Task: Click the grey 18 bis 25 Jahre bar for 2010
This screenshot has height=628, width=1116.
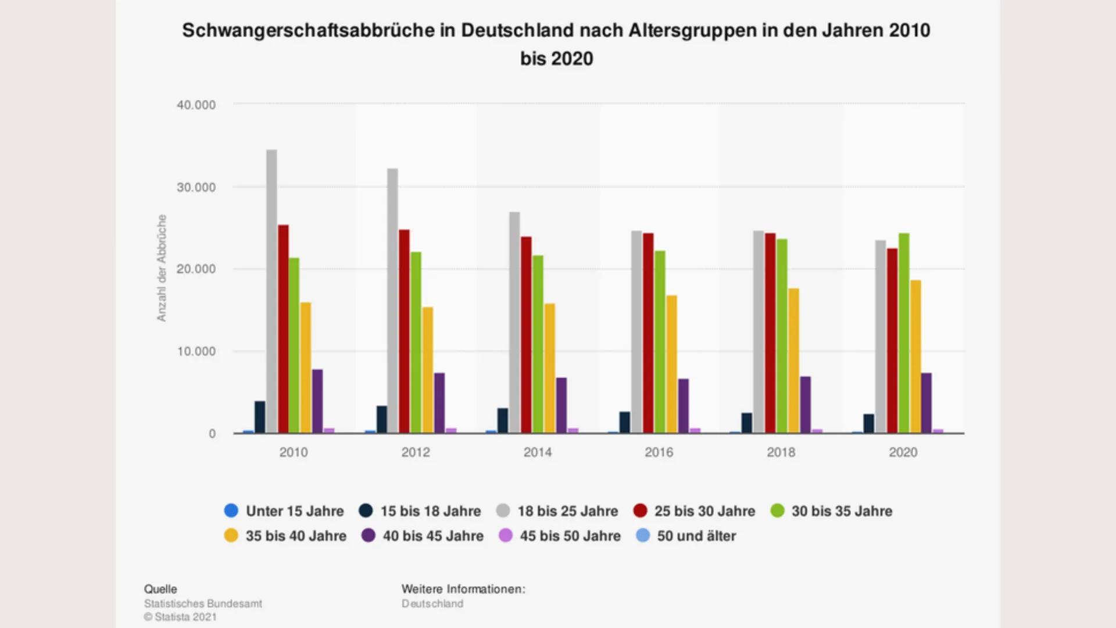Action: point(271,291)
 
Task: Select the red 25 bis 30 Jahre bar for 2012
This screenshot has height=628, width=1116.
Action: point(404,331)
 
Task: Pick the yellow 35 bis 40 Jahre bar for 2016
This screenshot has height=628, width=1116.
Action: point(671,364)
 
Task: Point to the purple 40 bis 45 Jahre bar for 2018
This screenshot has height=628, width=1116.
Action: point(805,405)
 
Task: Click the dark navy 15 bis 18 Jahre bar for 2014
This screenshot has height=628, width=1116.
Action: point(503,420)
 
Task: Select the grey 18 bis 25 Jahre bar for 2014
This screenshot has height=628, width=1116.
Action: point(514,323)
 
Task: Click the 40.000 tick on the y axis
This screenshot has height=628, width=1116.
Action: point(196,105)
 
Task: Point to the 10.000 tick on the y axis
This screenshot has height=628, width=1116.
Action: point(196,351)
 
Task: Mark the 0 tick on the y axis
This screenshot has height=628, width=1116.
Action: point(212,434)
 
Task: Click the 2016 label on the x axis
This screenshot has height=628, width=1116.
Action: point(659,452)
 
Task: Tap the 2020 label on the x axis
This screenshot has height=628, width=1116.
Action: point(903,452)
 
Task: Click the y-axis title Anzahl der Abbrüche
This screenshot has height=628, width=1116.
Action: point(162,267)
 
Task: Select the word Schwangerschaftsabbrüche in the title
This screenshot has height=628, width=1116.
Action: point(308,30)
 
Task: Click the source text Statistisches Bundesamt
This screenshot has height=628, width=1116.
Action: point(203,604)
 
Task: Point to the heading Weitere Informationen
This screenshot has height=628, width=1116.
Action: point(463,589)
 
